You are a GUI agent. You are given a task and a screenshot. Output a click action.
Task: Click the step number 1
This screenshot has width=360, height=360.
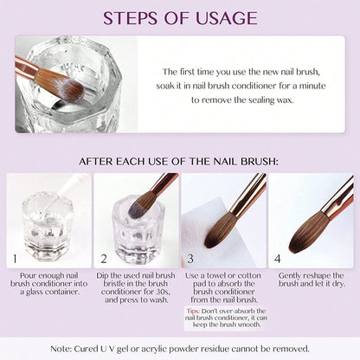click(x=13, y=257)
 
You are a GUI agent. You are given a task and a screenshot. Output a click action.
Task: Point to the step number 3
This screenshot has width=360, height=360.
click(x=190, y=257)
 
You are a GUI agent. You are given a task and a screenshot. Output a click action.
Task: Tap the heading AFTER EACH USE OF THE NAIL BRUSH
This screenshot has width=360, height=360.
click(x=180, y=160)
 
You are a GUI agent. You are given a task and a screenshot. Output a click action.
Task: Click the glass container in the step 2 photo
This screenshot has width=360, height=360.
click(x=130, y=229)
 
